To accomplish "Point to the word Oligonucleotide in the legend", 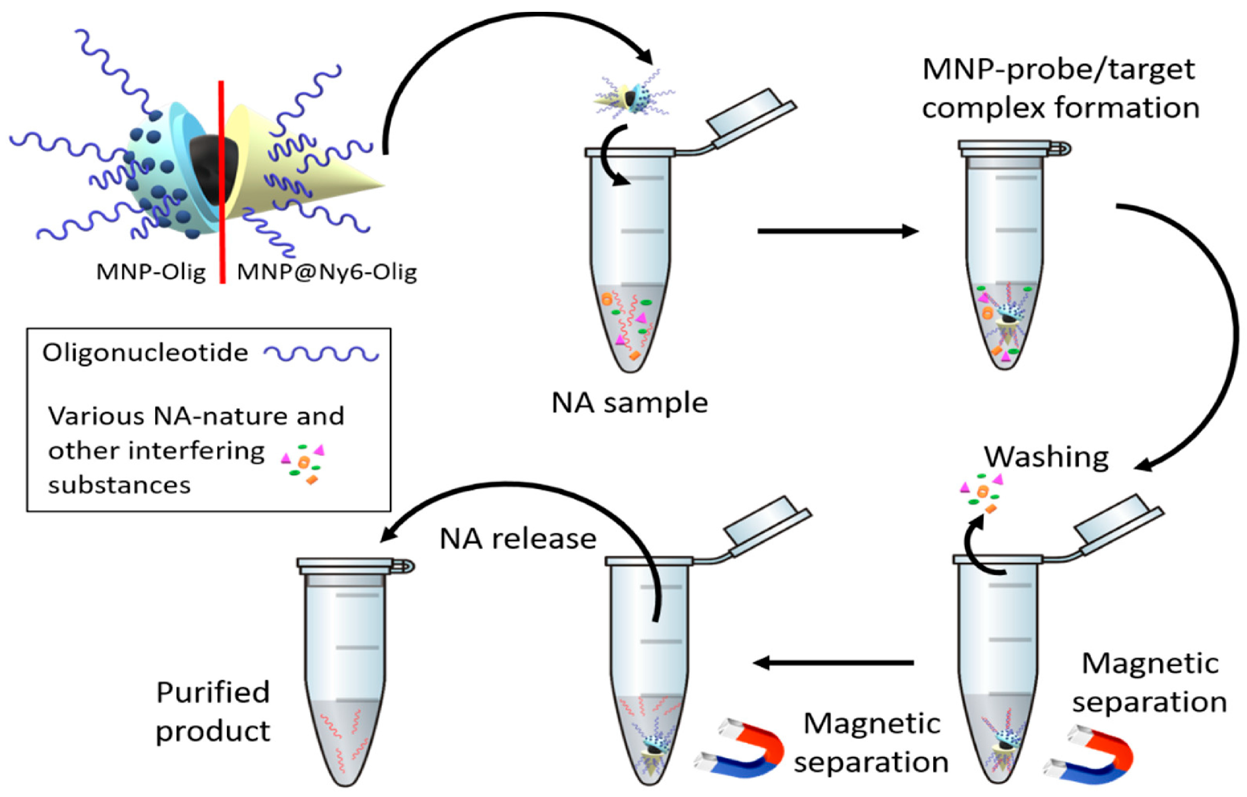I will [x=146, y=353].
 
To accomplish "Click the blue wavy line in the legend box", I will [x=321, y=354].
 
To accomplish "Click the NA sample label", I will [x=630, y=403].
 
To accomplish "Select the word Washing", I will [x=1046, y=457].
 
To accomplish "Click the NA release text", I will [x=518, y=539].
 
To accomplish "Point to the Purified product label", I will [x=213, y=712].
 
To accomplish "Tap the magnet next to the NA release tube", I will [x=740, y=748].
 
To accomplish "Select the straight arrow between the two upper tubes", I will [x=837, y=231].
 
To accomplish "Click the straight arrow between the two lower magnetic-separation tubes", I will [x=834, y=662].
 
